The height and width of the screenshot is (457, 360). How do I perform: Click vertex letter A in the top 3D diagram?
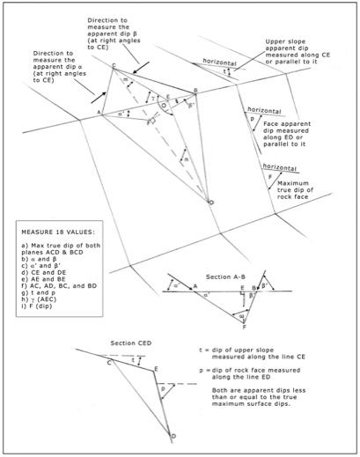click(99, 113)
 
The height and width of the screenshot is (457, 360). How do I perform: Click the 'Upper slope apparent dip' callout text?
click(310, 50)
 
